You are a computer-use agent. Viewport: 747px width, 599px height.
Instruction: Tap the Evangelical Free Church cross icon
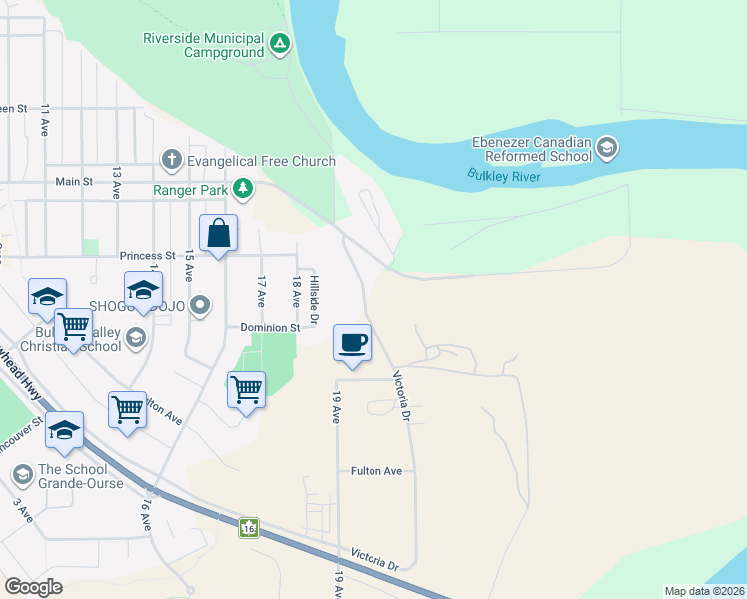[x=172, y=160]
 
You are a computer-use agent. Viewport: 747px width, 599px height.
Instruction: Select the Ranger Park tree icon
[x=242, y=188]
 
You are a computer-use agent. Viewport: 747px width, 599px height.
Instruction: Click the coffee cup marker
[x=352, y=343]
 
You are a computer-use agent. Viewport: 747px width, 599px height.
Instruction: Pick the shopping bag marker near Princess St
[x=219, y=234]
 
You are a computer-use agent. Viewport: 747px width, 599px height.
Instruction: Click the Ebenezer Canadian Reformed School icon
[x=606, y=150]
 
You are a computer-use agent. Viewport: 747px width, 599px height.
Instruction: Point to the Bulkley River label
[x=504, y=177]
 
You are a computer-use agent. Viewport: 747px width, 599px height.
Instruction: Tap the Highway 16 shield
[x=248, y=527]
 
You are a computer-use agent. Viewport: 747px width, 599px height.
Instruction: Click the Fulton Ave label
[x=376, y=471]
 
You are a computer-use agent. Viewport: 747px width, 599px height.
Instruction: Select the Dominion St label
[x=270, y=327]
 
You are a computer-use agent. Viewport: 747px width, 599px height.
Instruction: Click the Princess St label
[x=147, y=256]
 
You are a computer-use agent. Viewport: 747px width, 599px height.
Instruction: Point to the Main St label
[x=74, y=182]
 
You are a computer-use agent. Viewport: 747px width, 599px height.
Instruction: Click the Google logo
[x=33, y=587]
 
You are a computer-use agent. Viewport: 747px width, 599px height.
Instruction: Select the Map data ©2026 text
[x=703, y=590]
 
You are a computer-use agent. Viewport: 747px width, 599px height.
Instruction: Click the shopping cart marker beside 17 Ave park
[x=246, y=389]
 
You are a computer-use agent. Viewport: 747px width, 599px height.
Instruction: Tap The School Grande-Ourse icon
[x=22, y=471]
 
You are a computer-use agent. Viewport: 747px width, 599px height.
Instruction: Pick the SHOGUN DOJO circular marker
[x=201, y=305]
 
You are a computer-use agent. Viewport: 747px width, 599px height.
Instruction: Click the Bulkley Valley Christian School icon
[x=136, y=339]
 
